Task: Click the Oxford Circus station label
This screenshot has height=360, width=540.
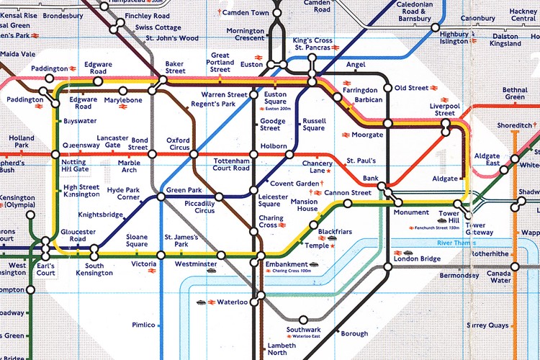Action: pyautogui.click(x=178, y=145)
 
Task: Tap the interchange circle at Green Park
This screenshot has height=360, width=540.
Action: pyautogui.click(x=162, y=191)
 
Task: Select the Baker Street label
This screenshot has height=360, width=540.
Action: pyautogui.click(x=175, y=67)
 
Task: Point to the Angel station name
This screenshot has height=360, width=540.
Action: pyautogui.click(x=356, y=65)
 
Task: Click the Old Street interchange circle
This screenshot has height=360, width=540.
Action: pyautogui.click(x=388, y=88)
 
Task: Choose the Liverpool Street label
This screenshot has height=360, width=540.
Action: pyautogui.click(x=445, y=109)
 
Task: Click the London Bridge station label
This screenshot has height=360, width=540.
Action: pyautogui.click(x=417, y=258)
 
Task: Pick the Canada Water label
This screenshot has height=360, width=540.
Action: pyautogui.click(x=499, y=277)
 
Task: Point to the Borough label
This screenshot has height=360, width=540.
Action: pyautogui.click(x=354, y=333)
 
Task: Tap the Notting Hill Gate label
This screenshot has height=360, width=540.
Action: pyautogui.click(x=75, y=166)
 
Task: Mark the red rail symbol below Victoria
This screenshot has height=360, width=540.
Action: pyautogui.click(x=152, y=272)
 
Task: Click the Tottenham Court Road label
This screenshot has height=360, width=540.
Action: pyautogui.click(x=231, y=163)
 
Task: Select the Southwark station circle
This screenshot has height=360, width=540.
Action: pyautogui.click(x=303, y=319)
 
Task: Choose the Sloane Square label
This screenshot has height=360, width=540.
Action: pyautogui.click(x=136, y=240)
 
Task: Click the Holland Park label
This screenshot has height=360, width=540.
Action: pyautogui.click(x=22, y=141)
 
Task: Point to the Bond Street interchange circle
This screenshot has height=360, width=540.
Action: pyautogui.click(x=152, y=154)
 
